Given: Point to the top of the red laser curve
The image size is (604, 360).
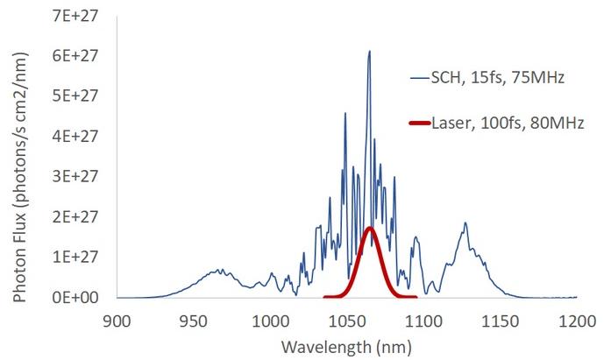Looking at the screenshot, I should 370,228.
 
